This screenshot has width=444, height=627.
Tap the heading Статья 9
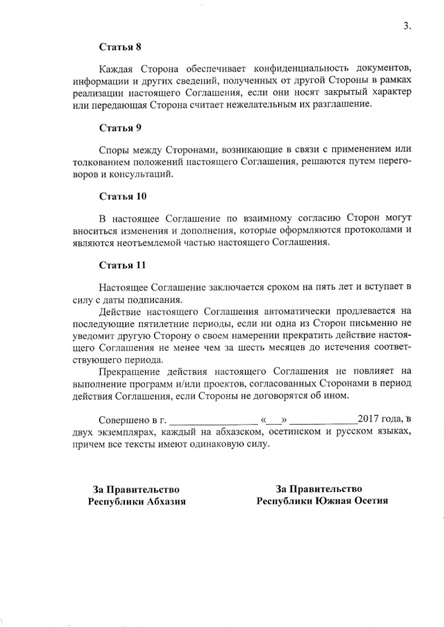pos(119,128)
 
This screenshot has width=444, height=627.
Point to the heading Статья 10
pos(122,196)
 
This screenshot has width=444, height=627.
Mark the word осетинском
pos(300,432)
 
